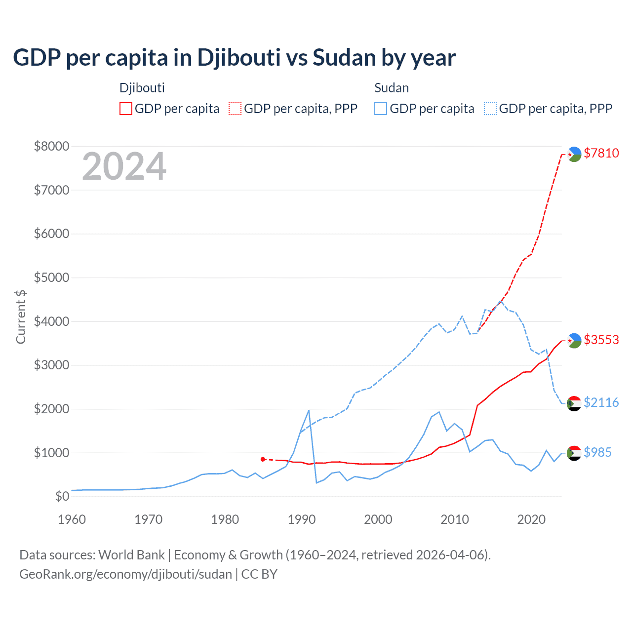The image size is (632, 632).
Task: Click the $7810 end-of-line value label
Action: [601, 153]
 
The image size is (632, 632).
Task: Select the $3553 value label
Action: [601, 340]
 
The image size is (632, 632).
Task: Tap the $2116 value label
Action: [601, 402]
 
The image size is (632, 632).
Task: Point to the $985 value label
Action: [597, 452]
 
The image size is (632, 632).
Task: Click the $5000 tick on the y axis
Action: [51, 277]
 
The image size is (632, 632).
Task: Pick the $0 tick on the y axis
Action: [62, 496]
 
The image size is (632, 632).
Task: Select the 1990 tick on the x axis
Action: [301, 519]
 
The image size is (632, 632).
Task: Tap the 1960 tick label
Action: [72, 519]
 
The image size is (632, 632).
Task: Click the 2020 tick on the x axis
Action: [531, 519]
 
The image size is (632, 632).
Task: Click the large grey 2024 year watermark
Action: [124, 166]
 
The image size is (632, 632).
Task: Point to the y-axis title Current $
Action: [21, 316]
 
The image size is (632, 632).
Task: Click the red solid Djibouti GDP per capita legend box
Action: [126, 109]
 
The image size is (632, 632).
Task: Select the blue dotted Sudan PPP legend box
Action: [490, 109]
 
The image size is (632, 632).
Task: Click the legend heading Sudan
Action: [392, 88]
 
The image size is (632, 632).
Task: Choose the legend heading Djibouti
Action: [142, 88]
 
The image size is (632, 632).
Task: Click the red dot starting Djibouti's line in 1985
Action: [263, 459]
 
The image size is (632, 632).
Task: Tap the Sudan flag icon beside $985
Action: [574, 453]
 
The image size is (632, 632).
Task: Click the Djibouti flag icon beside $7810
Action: [574, 154]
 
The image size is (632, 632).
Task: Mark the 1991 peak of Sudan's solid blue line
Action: [309, 410]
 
